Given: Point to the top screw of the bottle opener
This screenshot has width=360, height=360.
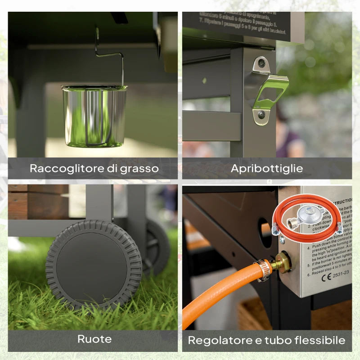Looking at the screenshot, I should [260, 65].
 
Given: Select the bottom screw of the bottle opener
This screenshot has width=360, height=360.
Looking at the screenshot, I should [261, 116].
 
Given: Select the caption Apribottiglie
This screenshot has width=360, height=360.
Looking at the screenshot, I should [267, 169].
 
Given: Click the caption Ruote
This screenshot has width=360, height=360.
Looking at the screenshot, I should [94, 339].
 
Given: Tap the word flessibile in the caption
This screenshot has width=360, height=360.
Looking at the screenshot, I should [321, 340].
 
